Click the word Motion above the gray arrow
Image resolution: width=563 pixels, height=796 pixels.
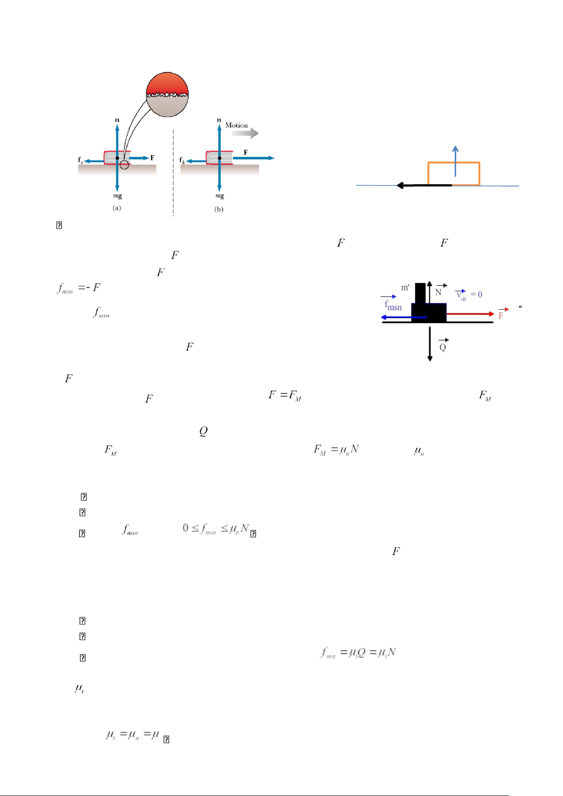tap(236, 125)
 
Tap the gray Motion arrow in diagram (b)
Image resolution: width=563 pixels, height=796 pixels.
tap(245, 133)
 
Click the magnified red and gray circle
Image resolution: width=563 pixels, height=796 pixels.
tap(167, 94)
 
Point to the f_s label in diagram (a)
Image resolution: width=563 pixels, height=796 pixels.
tap(81, 160)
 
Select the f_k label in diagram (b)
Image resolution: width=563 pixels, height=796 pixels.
tap(182, 160)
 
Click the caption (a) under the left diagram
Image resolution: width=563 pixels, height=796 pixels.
tap(117, 208)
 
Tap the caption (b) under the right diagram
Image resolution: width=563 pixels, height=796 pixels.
tap(219, 209)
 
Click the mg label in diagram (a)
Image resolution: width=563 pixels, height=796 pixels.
tap(117, 196)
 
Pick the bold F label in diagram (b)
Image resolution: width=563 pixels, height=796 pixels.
tap(246, 153)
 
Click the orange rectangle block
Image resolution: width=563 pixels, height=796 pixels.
tap(453, 173)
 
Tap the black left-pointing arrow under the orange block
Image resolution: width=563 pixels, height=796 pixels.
tap(423, 185)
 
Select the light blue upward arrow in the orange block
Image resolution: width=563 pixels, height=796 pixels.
tap(455, 161)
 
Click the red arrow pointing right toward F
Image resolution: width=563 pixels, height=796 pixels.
tap(470, 313)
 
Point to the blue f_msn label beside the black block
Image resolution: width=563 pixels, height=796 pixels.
tap(393, 306)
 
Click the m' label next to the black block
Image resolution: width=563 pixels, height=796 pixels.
tap(405, 287)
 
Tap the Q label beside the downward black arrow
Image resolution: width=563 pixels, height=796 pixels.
tap(443, 347)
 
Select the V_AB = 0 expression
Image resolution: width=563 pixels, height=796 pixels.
tap(469, 295)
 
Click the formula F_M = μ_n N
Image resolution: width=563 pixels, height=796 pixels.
tap(336, 449)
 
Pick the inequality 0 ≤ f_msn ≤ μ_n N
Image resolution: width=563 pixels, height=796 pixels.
tap(216, 529)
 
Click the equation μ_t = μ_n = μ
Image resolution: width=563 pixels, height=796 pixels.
tap(133, 735)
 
